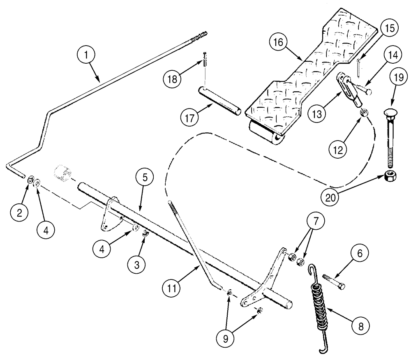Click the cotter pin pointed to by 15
click(358, 66)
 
